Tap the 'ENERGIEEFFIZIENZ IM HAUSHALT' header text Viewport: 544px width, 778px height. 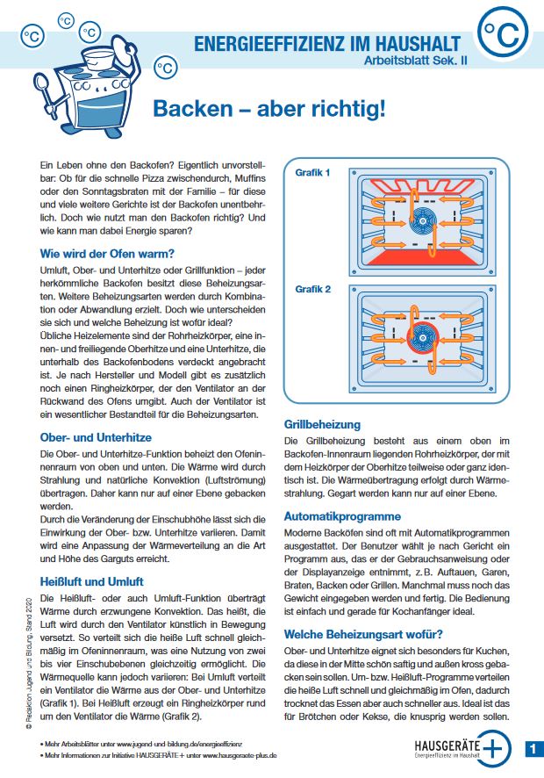[x=326, y=42]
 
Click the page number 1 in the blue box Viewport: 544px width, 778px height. [x=533, y=748]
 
